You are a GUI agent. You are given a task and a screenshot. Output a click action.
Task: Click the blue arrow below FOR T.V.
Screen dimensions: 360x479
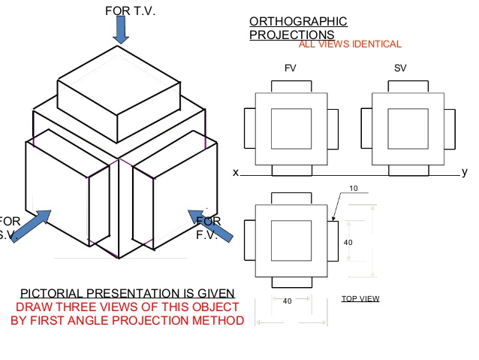(121, 29)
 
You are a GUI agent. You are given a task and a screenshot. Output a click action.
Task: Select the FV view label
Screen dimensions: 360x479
(291, 68)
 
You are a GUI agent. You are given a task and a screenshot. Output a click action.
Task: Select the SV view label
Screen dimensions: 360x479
(399, 68)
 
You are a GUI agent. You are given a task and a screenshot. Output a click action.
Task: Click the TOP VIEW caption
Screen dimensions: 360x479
(360, 299)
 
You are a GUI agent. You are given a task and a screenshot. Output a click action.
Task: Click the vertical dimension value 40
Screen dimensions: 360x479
(348, 243)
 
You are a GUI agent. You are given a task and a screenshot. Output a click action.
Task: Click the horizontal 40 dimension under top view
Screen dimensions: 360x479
(287, 301)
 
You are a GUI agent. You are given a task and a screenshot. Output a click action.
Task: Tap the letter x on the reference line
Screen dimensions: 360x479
(235, 173)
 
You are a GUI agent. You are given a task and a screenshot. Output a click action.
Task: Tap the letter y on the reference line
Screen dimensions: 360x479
(464, 172)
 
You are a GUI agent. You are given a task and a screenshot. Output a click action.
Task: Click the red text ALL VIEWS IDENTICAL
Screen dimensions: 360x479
(350, 44)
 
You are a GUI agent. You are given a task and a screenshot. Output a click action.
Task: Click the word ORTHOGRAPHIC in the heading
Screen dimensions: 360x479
(298, 22)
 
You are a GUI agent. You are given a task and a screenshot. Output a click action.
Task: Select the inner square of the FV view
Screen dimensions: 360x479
(291, 129)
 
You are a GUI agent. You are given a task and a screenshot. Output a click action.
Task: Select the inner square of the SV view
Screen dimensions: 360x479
(408, 129)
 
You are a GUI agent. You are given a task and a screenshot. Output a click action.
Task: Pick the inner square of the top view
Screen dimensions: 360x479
(291, 241)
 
